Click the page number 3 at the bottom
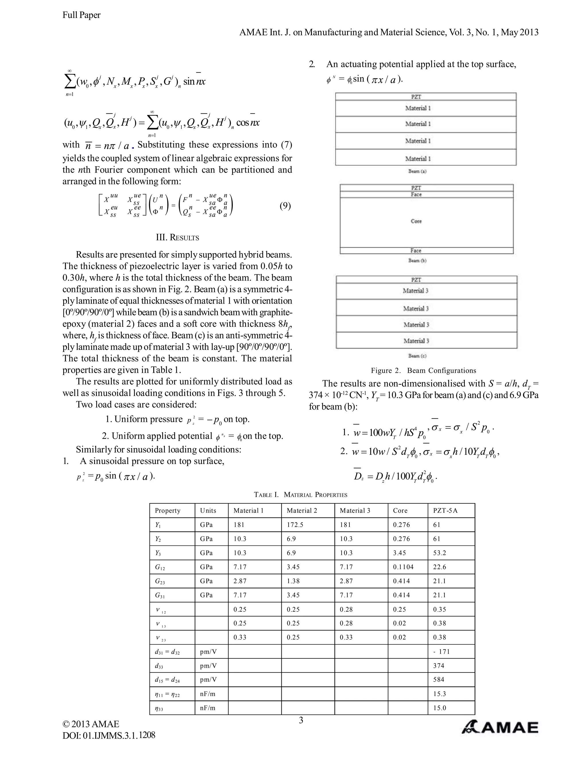[301, 720]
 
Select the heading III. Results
[177, 238]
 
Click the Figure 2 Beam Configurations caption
[423, 370]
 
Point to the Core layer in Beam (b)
[416, 221]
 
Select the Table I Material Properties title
[300, 495]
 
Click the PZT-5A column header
[445, 511]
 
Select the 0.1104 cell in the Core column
[403, 567]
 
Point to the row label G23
[160, 581]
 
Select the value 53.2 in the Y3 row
[440, 553]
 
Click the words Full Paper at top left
[82, 15]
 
